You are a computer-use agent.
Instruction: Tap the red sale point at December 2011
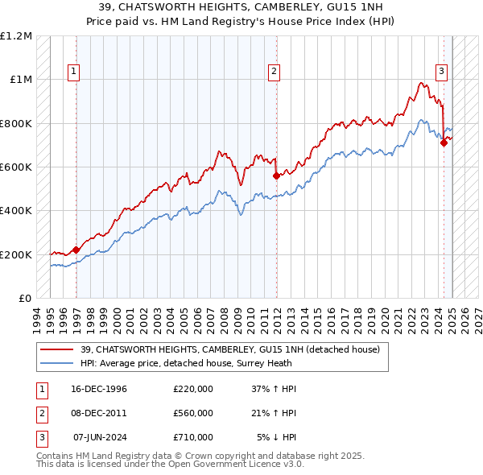point(276,176)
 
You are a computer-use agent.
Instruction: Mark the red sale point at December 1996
point(76,250)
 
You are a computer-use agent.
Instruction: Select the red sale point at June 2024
point(444,143)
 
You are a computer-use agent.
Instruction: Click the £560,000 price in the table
point(193,413)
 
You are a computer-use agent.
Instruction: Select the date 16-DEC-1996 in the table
point(97,389)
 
